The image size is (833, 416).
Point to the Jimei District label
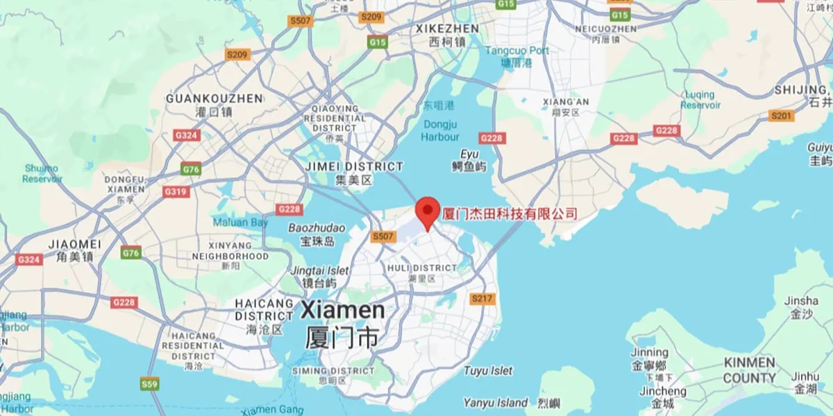tap(354, 167)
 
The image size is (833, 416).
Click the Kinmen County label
tap(750, 370)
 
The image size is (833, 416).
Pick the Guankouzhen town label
tap(214, 98)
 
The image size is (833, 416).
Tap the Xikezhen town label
tap(447, 29)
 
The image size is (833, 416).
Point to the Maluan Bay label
tap(240, 223)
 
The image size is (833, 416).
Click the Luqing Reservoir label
tap(700, 100)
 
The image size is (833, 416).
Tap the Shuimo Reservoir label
tap(42, 173)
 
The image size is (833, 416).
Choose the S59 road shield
tap(149, 383)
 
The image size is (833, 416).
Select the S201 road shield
tap(782, 116)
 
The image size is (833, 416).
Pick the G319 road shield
tap(175, 191)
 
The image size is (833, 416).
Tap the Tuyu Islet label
tap(488, 371)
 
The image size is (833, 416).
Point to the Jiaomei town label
tap(75, 245)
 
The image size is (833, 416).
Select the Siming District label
tap(333, 372)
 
